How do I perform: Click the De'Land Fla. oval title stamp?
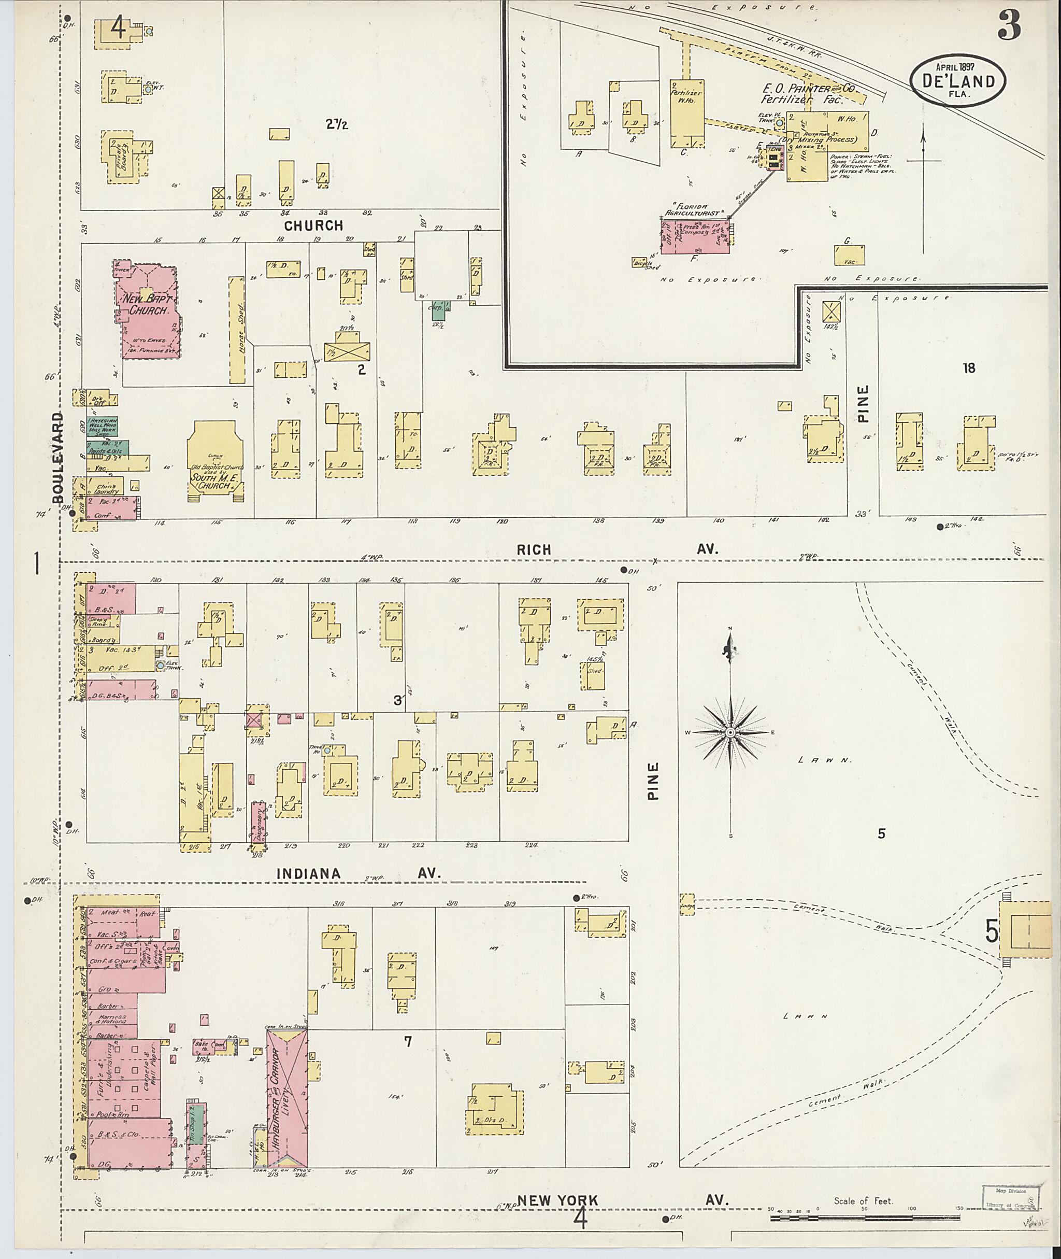(957, 81)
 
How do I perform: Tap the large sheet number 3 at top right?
(1009, 26)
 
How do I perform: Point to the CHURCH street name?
(313, 225)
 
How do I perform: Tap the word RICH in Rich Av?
(534, 549)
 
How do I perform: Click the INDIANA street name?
(309, 873)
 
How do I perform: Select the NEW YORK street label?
(557, 1200)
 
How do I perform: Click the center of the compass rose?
(730, 732)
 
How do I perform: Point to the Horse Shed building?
(237, 330)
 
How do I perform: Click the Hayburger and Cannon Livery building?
(287, 1098)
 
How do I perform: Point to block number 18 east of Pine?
(968, 367)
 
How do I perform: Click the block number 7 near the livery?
(408, 1042)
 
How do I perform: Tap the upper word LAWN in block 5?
(824, 760)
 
